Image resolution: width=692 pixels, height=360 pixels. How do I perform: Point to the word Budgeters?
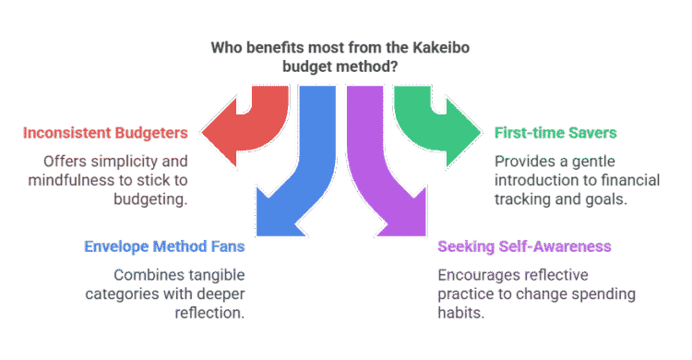tap(151, 133)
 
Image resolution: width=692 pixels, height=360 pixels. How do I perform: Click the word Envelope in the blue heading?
tap(116, 246)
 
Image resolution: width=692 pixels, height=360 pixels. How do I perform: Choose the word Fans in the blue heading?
tap(226, 246)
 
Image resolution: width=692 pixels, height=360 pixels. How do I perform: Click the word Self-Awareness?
tap(554, 246)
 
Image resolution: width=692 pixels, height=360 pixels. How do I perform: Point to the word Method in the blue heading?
tap(179, 246)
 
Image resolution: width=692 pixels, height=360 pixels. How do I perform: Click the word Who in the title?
tap(227, 46)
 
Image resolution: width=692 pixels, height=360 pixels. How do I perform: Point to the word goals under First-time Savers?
tap(603, 198)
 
